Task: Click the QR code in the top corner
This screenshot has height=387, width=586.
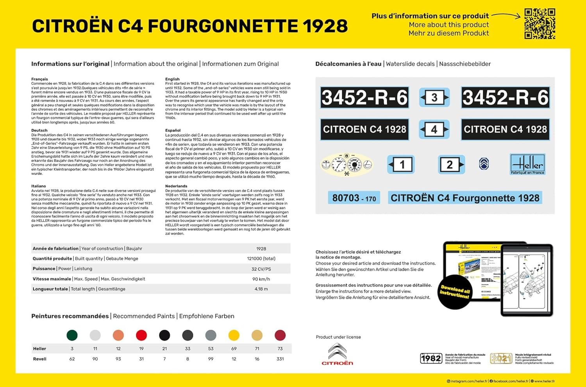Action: (x=540, y=24)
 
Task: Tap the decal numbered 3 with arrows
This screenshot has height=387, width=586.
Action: (x=434, y=98)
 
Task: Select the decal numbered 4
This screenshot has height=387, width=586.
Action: (x=434, y=130)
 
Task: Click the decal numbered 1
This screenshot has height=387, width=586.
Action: (x=401, y=165)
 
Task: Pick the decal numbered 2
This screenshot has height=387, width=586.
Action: (x=451, y=165)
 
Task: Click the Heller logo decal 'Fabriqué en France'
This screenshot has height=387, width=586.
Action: (x=527, y=164)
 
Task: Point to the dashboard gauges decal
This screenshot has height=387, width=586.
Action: (x=347, y=165)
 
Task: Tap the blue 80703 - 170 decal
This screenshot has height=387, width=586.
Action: (x=354, y=198)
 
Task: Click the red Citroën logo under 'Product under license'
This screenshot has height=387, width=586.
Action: (x=337, y=355)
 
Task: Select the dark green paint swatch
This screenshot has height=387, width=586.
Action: (x=72, y=335)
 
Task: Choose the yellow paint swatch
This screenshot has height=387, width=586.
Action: (x=234, y=335)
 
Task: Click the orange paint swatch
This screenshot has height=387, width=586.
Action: (x=118, y=335)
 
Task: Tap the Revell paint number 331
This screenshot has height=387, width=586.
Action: (x=280, y=359)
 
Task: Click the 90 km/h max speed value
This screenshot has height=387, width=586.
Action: (x=261, y=279)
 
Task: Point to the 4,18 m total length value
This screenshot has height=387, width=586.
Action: (x=261, y=289)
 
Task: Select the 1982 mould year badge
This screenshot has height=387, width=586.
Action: (x=431, y=358)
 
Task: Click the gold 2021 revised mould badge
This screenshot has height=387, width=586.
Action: (x=501, y=358)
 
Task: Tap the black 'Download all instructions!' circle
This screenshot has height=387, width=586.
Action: (x=455, y=291)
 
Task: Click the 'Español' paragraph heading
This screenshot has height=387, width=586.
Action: (x=173, y=130)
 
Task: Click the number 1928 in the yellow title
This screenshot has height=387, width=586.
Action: (x=325, y=26)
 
